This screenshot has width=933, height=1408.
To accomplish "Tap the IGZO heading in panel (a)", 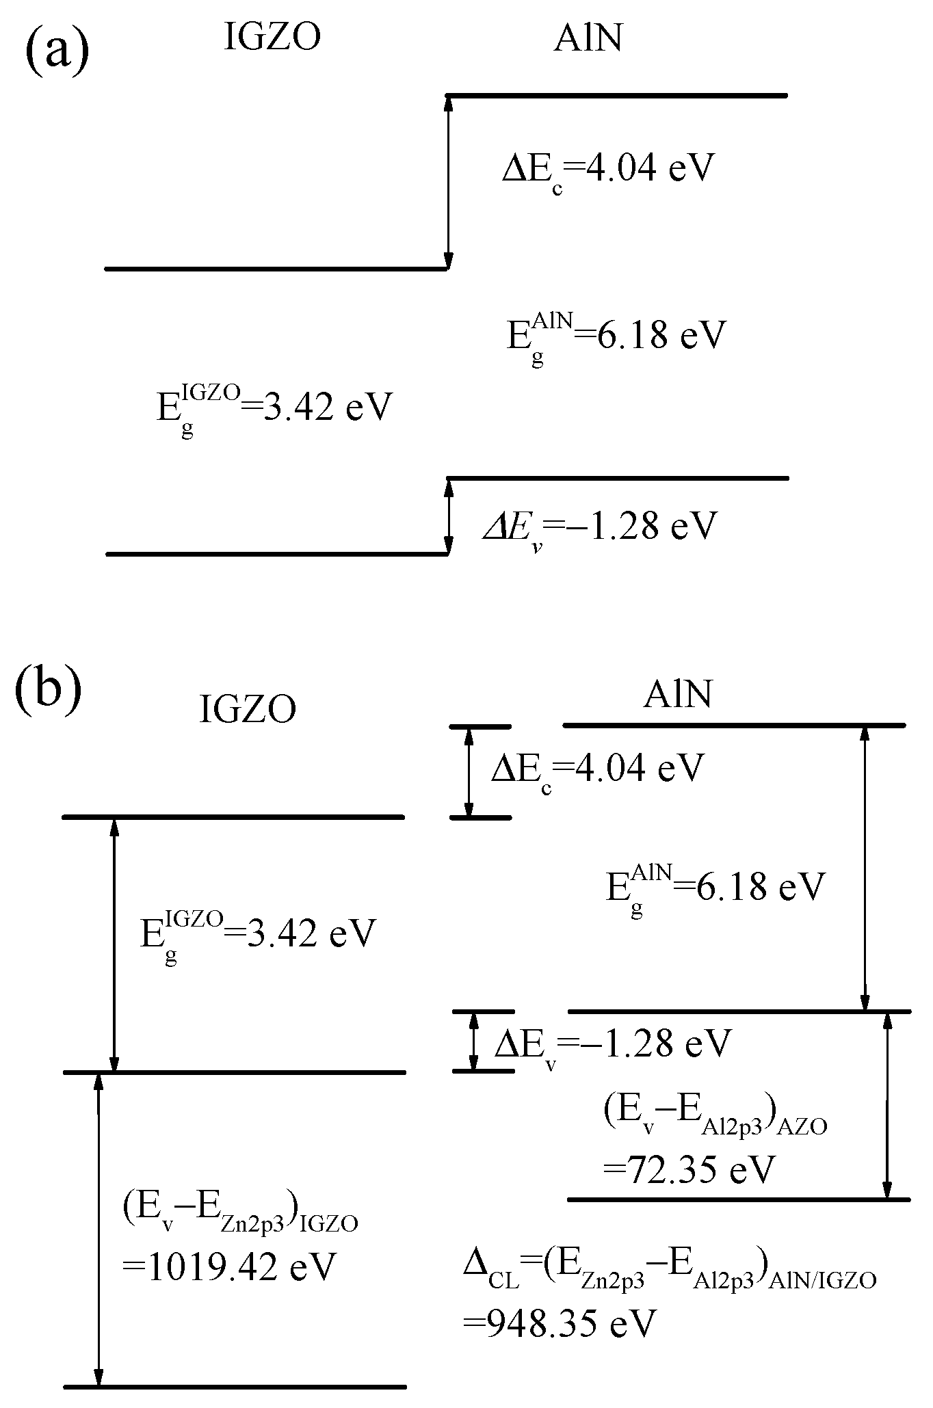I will pyautogui.click(x=272, y=38).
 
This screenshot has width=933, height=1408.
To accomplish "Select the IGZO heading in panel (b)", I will pyautogui.click(x=247, y=709).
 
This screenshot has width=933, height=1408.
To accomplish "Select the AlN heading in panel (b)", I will pyautogui.click(x=677, y=695).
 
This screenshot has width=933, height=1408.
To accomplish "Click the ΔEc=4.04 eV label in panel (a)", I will pyautogui.click(x=607, y=170).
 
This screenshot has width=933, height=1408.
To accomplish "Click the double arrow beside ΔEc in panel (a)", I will pyautogui.click(x=449, y=182).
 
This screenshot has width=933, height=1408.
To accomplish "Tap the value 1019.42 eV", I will pyautogui.click(x=229, y=1267).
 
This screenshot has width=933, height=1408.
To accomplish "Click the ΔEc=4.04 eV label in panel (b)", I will pyautogui.click(x=596, y=770).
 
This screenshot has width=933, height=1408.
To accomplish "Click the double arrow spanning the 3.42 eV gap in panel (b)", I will pyautogui.click(x=114, y=944).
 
